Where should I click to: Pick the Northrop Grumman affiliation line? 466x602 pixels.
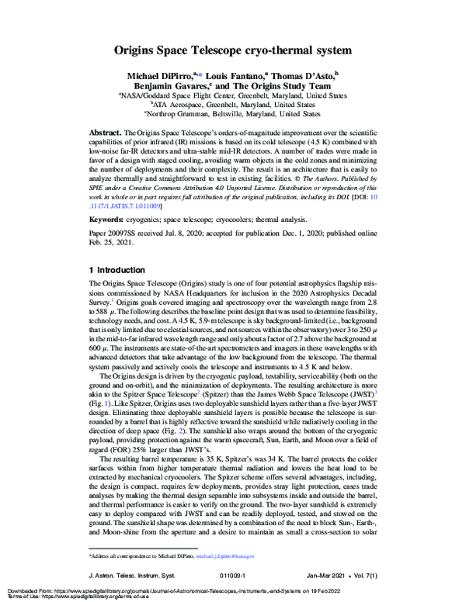[x=233, y=113]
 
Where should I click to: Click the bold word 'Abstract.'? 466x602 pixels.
[x=106, y=133]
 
